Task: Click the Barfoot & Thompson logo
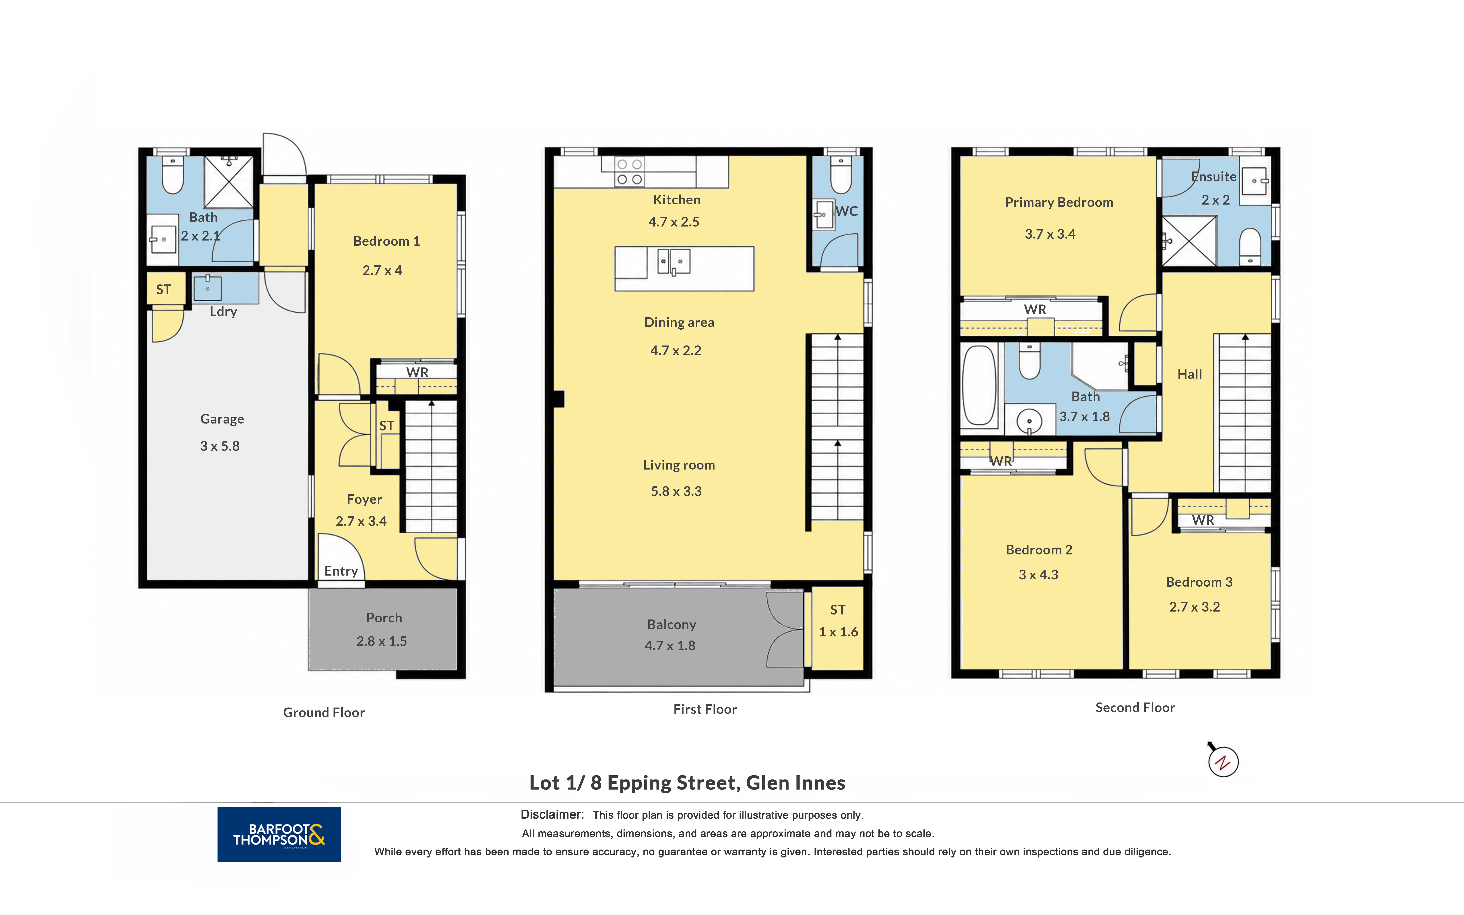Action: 279,834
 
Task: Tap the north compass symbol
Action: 1223,761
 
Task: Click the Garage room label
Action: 222,419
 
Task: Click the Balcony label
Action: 672,625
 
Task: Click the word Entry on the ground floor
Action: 341,571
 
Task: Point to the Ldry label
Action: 223,312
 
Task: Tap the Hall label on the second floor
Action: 1189,374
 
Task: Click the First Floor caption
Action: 705,709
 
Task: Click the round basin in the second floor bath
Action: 1029,421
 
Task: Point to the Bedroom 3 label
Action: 1199,582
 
